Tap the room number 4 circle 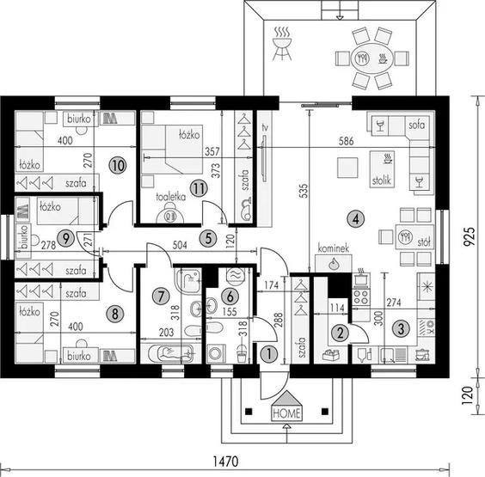click(x=356, y=219)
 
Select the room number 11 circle click(x=199, y=188)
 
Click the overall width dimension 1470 click(x=226, y=462)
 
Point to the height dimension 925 click(x=469, y=237)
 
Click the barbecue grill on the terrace click(x=281, y=43)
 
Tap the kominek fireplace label click(x=334, y=248)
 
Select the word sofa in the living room click(x=417, y=125)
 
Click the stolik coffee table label click(x=382, y=180)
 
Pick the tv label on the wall click(x=265, y=127)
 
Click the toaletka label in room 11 click(x=171, y=197)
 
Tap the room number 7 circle click(x=161, y=297)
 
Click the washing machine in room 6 click(x=216, y=353)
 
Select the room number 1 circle click(x=269, y=354)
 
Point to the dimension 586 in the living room click(x=346, y=141)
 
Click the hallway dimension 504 click(x=180, y=245)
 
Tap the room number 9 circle click(x=65, y=238)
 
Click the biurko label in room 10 click(x=79, y=119)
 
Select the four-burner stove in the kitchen click(x=361, y=297)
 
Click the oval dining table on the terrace click(x=371, y=58)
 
